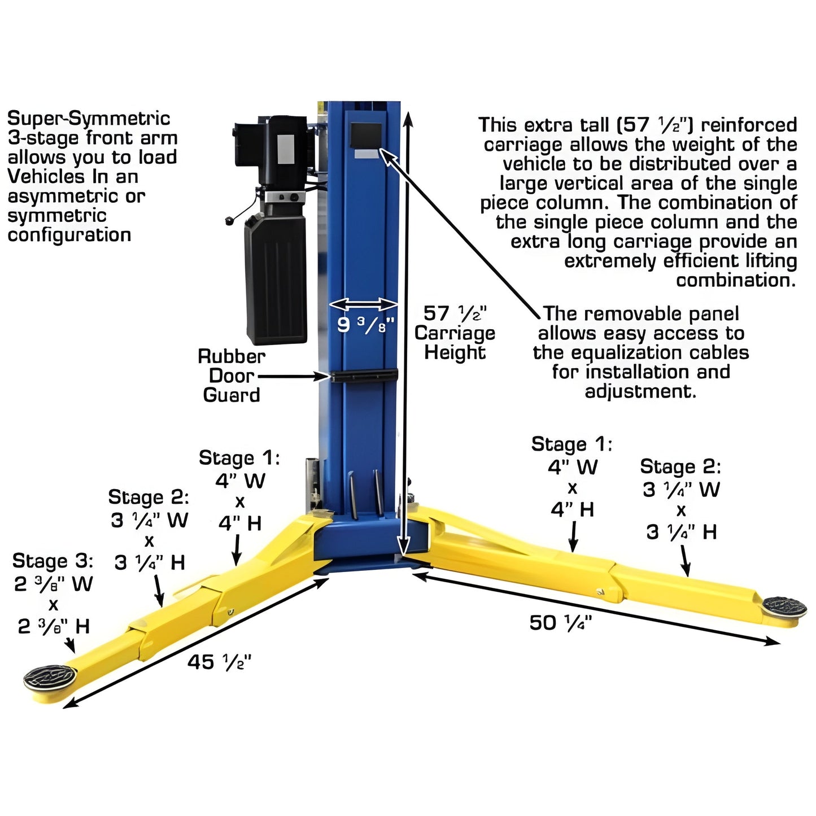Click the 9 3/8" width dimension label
pos(365,325)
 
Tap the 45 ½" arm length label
pos(220,662)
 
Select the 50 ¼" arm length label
pos(560,623)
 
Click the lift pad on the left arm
pos(50,677)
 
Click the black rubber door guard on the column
pos(365,375)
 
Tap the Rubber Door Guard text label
pos(232,376)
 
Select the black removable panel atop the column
pos(366,136)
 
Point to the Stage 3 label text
pos(53,561)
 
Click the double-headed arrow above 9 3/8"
pos(364,305)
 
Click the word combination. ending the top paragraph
pos(736,280)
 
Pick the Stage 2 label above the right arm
pos(680,467)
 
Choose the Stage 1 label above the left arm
pos(239,458)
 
